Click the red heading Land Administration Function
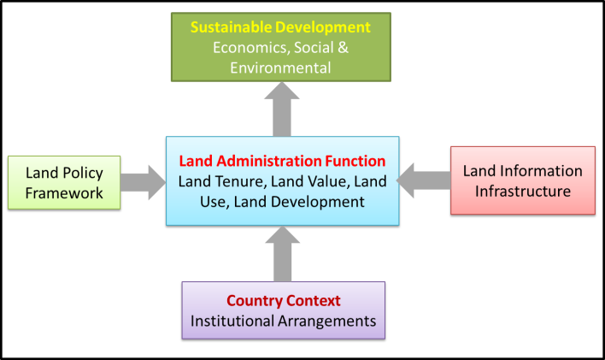[x=282, y=161]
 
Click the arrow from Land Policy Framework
[x=143, y=182]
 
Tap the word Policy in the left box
[x=83, y=173]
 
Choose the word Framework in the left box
[x=64, y=192]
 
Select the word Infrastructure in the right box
[x=522, y=191]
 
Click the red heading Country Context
[x=283, y=301]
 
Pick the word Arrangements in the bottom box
[x=329, y=322]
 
